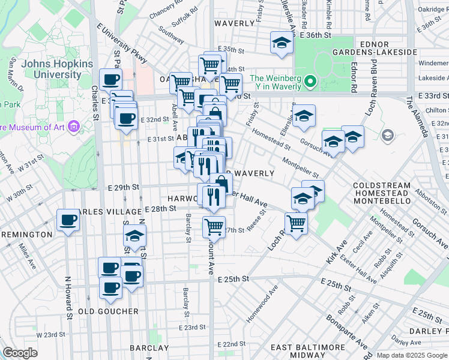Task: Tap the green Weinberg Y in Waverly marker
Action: point(310,80)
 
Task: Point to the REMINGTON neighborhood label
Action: point(26,234)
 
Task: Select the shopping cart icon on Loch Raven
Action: point(296,224)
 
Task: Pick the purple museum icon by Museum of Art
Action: point(74,127)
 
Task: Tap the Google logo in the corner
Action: point(20,353)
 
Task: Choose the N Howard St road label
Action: point(68,296)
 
